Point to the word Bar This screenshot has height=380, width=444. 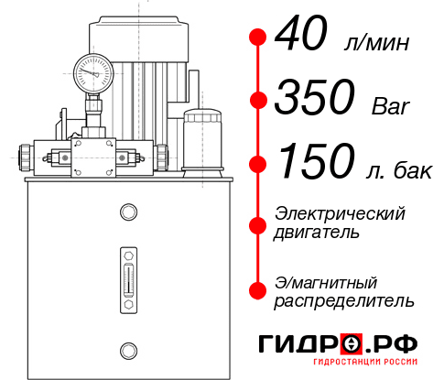(x=391, y=106)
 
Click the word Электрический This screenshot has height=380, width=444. (x=340, y=213)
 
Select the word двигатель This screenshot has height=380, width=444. (x=317, y=233)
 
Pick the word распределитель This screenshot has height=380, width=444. (x=344, y=300)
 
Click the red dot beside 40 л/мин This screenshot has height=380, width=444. (x=257, y=38)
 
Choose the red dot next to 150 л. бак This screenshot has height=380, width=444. (x=257, y=164)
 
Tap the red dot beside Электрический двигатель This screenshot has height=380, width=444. (x=257, y=223)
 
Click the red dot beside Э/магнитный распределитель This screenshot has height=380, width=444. (x=257, y=290)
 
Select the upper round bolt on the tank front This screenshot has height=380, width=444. (x=127, y=212)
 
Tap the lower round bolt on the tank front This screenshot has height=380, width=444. (x=127, y=348)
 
